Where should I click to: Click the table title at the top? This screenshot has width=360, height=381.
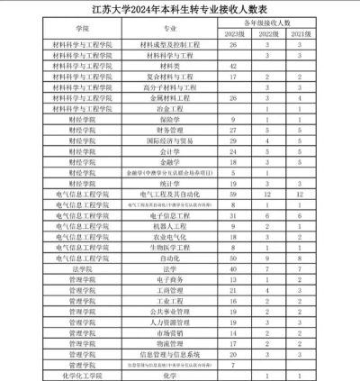click(180, 10)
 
